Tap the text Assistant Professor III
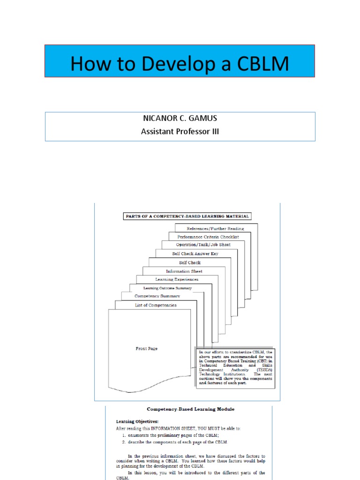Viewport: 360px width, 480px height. point(180,132)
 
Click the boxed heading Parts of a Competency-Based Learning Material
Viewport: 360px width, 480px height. point(187,216)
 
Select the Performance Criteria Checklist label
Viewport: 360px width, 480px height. point(208,237)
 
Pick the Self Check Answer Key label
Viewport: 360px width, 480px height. point(195,254)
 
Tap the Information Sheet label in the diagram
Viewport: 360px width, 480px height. point(184,271)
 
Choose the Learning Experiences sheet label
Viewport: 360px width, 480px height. point(177,279)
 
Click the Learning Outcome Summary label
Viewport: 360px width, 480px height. point(167,288)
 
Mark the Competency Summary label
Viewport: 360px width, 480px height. point(157,296)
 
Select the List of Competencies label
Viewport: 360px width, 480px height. point(156,305)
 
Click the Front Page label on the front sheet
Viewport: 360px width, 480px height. point(146,349)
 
